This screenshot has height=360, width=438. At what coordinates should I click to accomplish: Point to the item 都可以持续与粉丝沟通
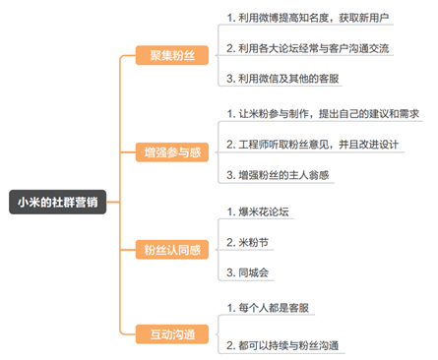286,345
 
